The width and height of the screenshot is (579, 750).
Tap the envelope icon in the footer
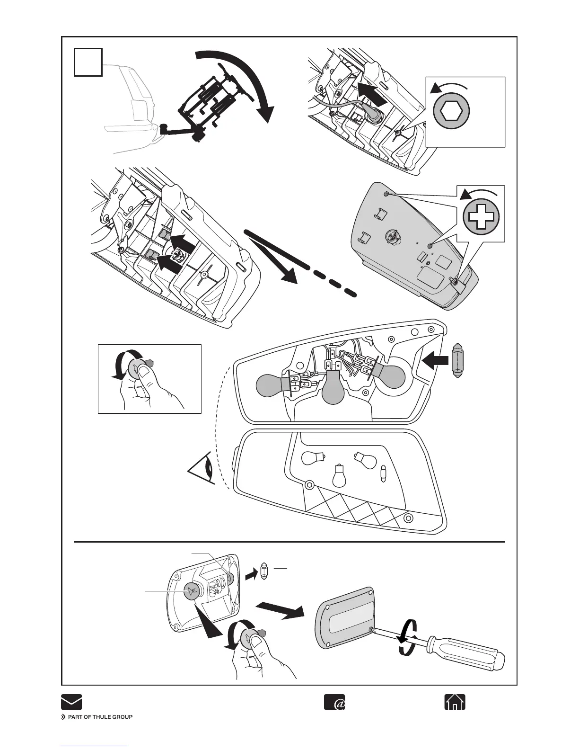[x=71, y=702]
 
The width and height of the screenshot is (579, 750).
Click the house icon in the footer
[x=455, y=702]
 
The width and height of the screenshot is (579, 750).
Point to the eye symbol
[x=202, y=470]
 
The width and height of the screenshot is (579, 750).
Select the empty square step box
[x=88, y=62]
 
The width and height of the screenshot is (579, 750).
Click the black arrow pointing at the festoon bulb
[x=435, y=360]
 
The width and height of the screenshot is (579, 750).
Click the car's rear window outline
[x=134, y=93]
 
